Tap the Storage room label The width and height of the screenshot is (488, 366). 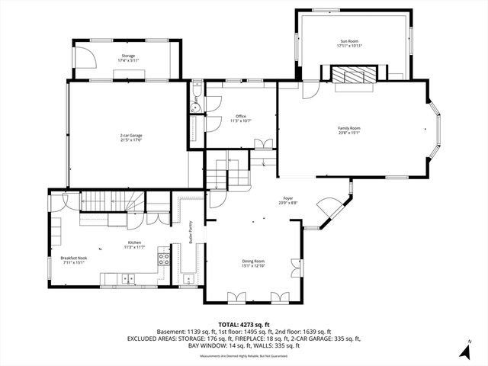(x=127, y=54)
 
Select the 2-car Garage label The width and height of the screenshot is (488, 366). (x=131, y=136)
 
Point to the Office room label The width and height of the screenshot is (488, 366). (x=240, y=116)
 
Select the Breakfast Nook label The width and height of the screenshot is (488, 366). (x=74, y=259)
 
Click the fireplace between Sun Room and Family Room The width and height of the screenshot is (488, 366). (x=353, y=75)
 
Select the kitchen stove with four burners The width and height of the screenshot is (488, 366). (x=162, y=258)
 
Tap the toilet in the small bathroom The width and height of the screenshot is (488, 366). (x=195, y=97)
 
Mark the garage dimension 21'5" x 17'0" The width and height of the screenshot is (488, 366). (x=131, y=140)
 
